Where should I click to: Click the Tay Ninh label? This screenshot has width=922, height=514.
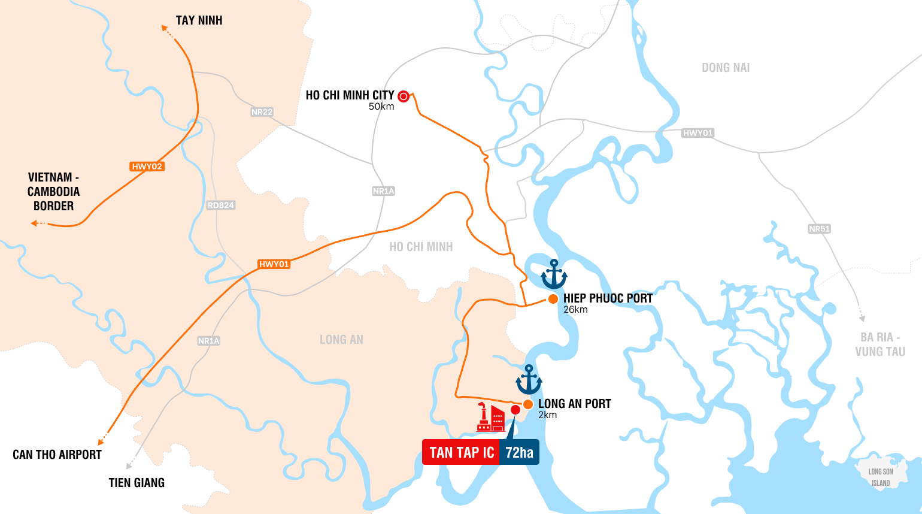pyautogui.click(x=199, y=20)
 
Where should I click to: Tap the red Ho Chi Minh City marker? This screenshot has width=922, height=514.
pyautogui.click(x=404, y=96)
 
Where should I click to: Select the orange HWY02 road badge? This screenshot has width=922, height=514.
pyautogui.click(x=147, y=167)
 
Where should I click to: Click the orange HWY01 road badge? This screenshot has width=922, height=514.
pyautogui.click(x=274, y=264)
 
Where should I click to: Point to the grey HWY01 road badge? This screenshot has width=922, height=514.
pyautogui.click(x=697, y=133)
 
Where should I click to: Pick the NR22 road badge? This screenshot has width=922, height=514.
pyautogui.click(x=262, y=112)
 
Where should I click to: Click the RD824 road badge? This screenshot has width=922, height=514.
pyautogui.click(x=221, y=205)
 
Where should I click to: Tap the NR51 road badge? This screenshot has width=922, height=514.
pyautogui.click(x=819, y=229)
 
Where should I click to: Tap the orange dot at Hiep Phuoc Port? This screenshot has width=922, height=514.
pyautogui.click(x=553, y=298)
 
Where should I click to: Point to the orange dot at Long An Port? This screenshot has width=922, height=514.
pyautogui.click(x=528, y=404)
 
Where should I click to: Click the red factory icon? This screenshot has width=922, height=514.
pyautogui.click(x=490, y=418)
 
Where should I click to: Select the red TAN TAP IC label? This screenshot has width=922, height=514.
pyautogui.click(x=461, y=452)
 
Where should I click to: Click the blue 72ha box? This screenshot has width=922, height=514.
pyautogui.click(x=519, y=452)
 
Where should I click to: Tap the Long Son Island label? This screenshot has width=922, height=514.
pyautogui.click(x=880, y=477)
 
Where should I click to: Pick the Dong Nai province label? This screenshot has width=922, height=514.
pyautogui.click(x=726, y=68)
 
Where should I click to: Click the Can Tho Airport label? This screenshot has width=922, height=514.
pyautogui.click(x=57, y=455)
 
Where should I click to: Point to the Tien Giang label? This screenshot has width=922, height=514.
pyautogui.click(x=137, y=483)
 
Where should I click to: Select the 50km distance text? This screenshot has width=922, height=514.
pyautogui.click(x=381, y=107)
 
